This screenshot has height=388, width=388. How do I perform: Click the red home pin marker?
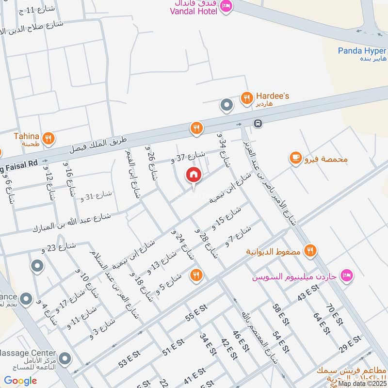pos(193,175)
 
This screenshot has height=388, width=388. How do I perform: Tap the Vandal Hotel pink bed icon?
pos(226,6)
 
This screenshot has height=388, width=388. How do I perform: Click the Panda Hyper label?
pos(362,51)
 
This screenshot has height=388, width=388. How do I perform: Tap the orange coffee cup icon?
pos(295,158)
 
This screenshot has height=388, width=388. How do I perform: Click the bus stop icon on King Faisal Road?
pos(258,124)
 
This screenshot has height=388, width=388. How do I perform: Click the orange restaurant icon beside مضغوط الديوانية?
pos(310,250)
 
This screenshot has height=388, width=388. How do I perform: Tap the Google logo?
pos(21,380)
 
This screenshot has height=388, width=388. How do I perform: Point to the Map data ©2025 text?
pos(363,383)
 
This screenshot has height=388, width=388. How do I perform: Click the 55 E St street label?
pos(196,318)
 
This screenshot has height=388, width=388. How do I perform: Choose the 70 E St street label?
pos(335,315)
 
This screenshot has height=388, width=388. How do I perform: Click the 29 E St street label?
pos(349,344)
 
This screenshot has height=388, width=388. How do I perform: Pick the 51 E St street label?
pos(173,348)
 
